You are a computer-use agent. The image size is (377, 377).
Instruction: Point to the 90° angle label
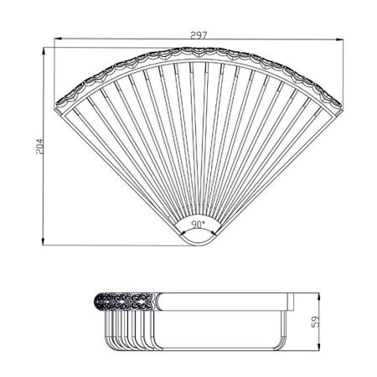[x=199, y=225]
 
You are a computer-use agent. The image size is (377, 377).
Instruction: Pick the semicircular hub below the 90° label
[x=199, y=239]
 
